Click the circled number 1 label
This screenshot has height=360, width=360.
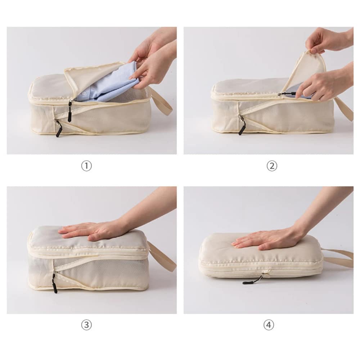point(86,166)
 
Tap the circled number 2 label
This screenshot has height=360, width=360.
point(272,166)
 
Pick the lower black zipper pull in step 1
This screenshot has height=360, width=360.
point(58,130)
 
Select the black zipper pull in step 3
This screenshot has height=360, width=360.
point(55,283)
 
